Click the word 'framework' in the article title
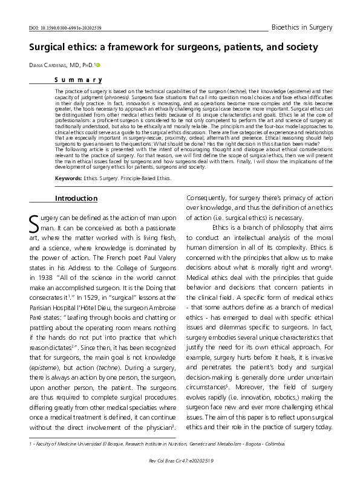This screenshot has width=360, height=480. [x=132, y=47]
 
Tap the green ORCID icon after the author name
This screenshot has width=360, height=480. [x=97, y=65]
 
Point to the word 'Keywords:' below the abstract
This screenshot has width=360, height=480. [x=68, y=162]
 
